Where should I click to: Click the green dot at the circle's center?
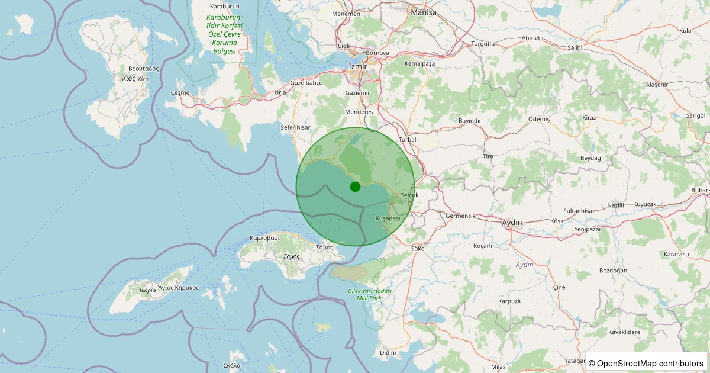point(355,186)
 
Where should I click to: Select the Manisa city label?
point(423,12)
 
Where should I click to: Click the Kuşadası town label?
point(388,218)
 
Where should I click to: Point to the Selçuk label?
point(409,195)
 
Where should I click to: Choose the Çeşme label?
point(180,93)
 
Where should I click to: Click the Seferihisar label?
point(295,127)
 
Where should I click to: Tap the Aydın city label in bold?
point(512,223)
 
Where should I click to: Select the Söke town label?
point(418,249)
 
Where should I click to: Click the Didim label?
point(388,353)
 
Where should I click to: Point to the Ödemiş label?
point(539,119)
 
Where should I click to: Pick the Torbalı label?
point(408,140)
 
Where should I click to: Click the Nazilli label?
point(615,205)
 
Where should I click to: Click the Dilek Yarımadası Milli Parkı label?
point(370,294)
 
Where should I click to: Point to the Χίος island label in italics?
point(128,78)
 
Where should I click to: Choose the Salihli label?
point(575,47)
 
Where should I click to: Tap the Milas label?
point(498,367)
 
